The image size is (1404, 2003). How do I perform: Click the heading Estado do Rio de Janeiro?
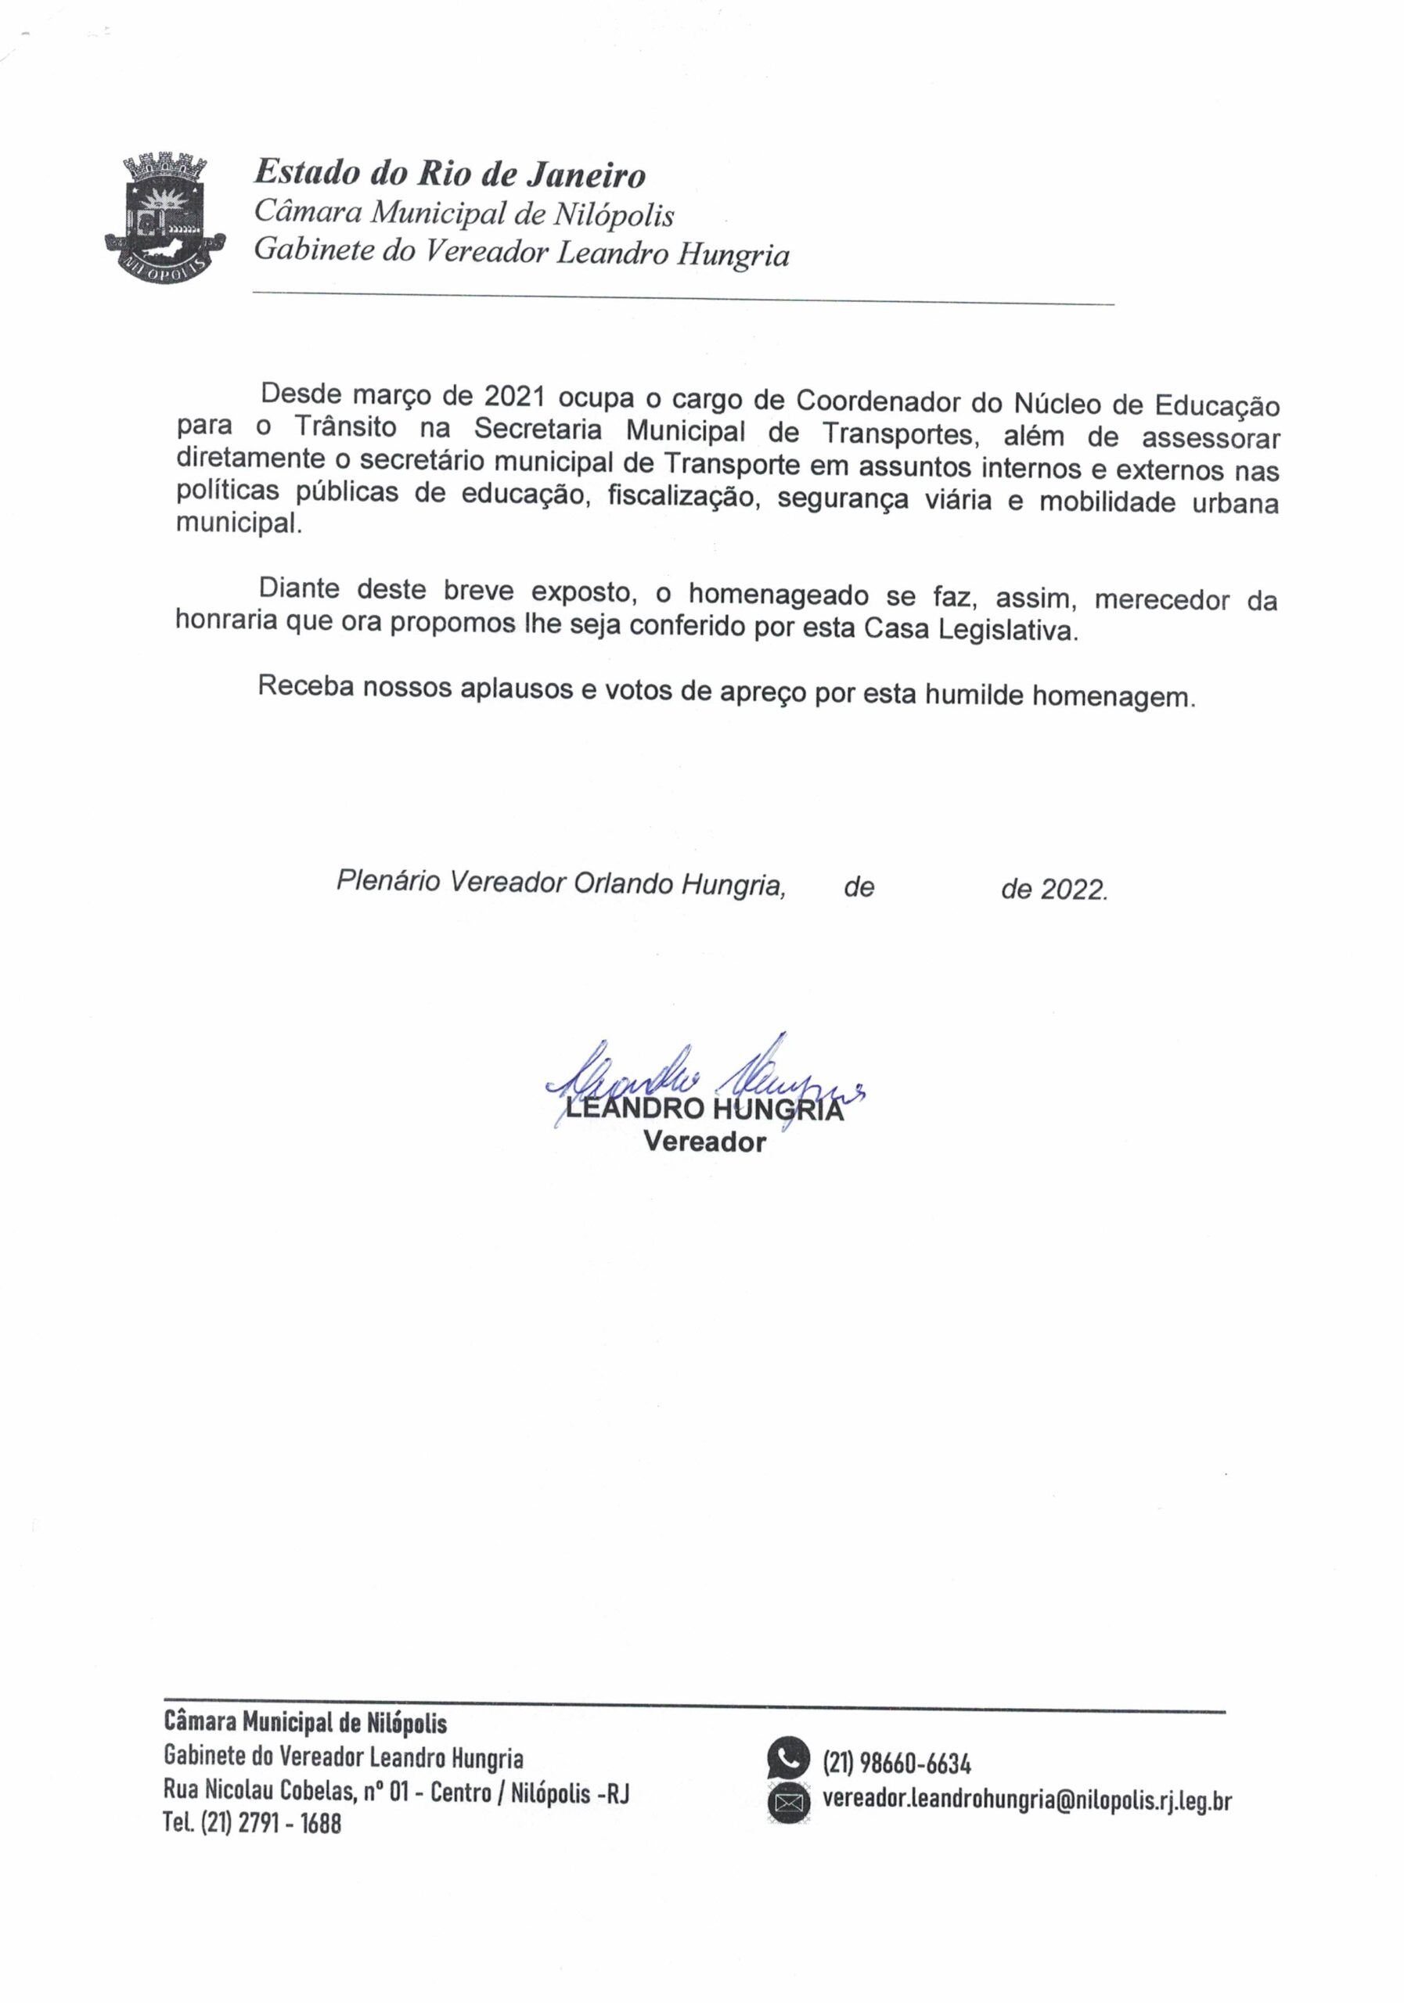coord(449,174)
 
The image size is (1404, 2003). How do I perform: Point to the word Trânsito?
coord(344,427)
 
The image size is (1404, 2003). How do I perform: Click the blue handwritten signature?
coord(698,1082)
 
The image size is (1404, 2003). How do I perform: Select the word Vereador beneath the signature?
coord(704,1142)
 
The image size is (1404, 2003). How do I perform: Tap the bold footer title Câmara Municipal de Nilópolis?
coord(304,1723)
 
